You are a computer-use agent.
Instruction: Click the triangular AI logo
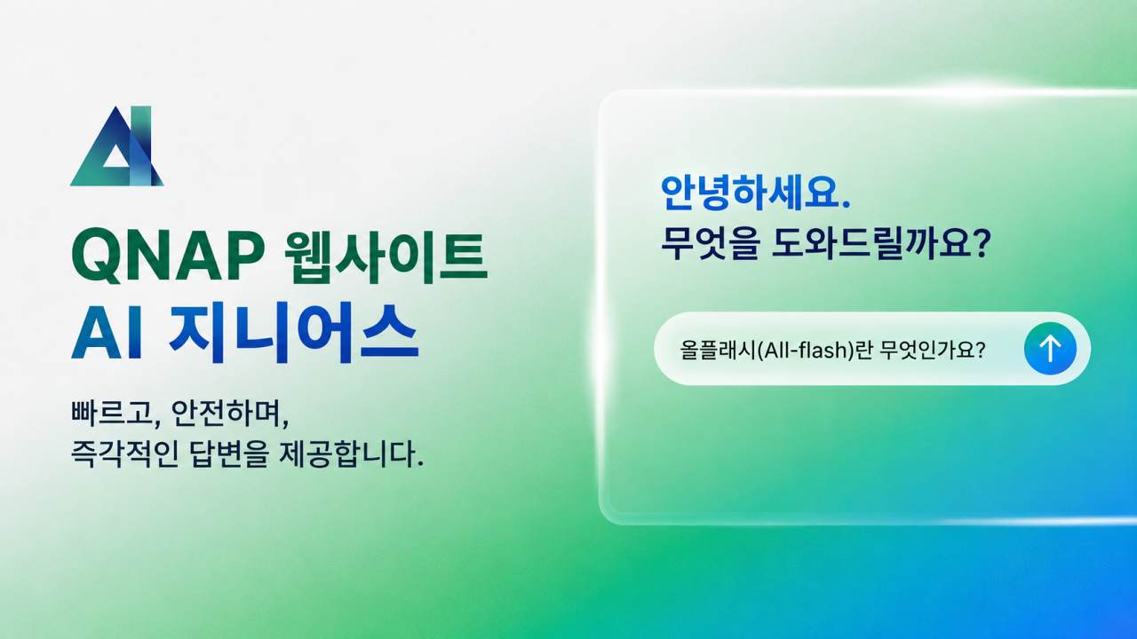coord(116,146)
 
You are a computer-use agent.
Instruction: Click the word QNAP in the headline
coord(168,256)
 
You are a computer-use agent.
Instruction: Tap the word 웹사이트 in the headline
coord(386,257)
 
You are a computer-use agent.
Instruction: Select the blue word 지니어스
coord(294,332)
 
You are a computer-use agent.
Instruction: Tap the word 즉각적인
coord(124,454)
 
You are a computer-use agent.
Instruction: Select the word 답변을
coord(228,454)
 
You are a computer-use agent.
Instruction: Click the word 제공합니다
coord(351,454)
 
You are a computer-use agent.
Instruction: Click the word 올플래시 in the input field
coord(718,350)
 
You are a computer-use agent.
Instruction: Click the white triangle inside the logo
coord(116,157)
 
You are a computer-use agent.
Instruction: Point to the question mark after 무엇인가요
coord(980,349)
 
